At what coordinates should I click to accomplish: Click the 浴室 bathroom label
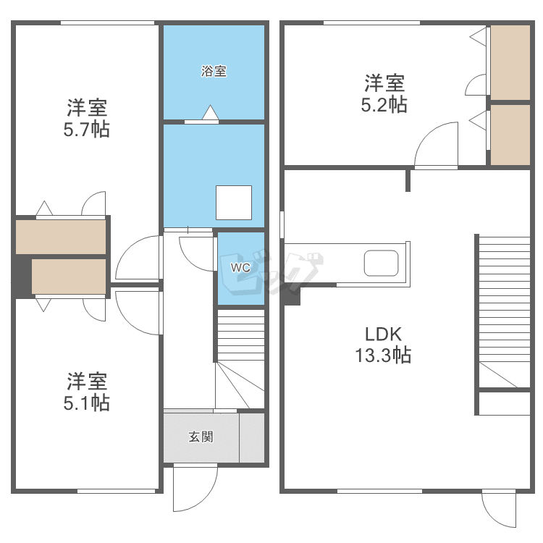(x=214, y=71)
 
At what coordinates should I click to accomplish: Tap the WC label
(x=240, y=267)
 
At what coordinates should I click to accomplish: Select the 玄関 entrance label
(x=201, y=437)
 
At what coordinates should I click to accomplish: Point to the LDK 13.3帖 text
(x=383, y=345)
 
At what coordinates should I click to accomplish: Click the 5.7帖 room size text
(x=87, y=130)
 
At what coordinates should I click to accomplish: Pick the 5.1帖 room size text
(x=87, y=403)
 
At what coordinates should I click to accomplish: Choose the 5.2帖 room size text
(x=384, y=104)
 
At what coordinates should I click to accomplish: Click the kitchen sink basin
(x=381, y=264)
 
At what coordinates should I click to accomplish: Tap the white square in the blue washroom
(x=234, y=203)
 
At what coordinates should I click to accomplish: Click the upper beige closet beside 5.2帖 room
(x=510, y=62)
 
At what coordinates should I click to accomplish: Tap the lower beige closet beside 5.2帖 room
(x=510, y=135)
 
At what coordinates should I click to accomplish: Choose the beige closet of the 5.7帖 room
(x=61, y=237)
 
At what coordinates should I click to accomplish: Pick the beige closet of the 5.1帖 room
(x=69, y=277)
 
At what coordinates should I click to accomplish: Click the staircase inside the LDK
(x=504, y=311)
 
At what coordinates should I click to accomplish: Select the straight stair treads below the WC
(x=241, y=335)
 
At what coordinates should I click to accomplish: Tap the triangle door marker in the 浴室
(x=211, y=112)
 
